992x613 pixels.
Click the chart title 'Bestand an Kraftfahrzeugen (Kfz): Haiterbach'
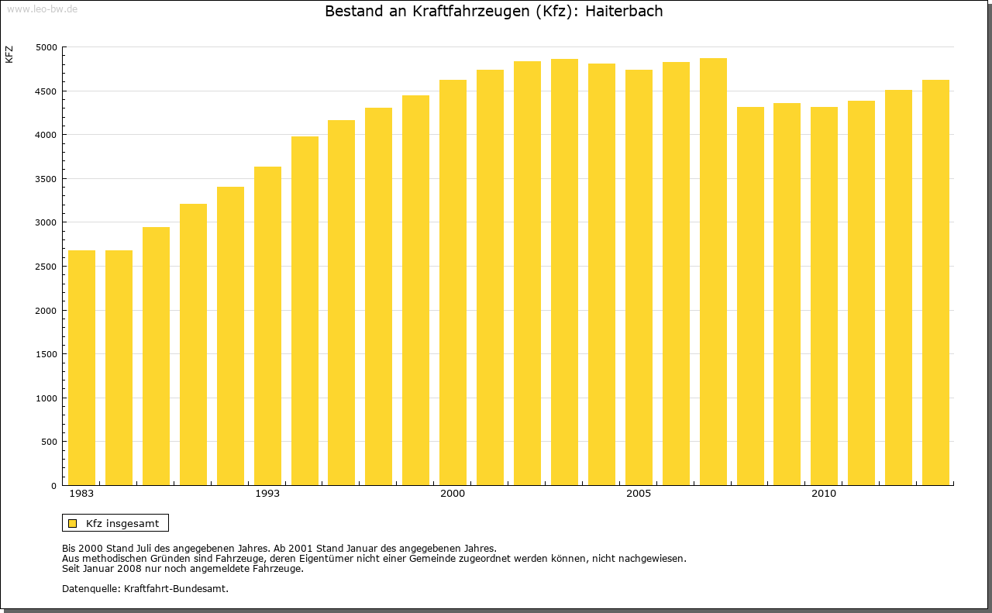click(x=494, y=12)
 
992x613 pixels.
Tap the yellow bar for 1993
click(x=267, y=325)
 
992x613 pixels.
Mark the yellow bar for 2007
click(x=713, y=271)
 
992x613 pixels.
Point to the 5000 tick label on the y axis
click(x=46, y=47)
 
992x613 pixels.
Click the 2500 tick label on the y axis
click(x=46, y=267)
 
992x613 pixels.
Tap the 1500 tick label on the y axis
click(x=46, y=354)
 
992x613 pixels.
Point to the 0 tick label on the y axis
click(x=53, y=486)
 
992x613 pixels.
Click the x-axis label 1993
click(x=267, y=494)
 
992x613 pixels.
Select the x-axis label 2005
click(x=639, y=494)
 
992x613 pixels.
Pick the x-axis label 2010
click(x=824, y=494)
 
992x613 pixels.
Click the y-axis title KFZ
click(x=9, y=54)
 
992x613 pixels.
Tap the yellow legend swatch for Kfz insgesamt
click(x=72, y=523)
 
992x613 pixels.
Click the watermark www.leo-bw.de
click(x=42, y=8)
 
